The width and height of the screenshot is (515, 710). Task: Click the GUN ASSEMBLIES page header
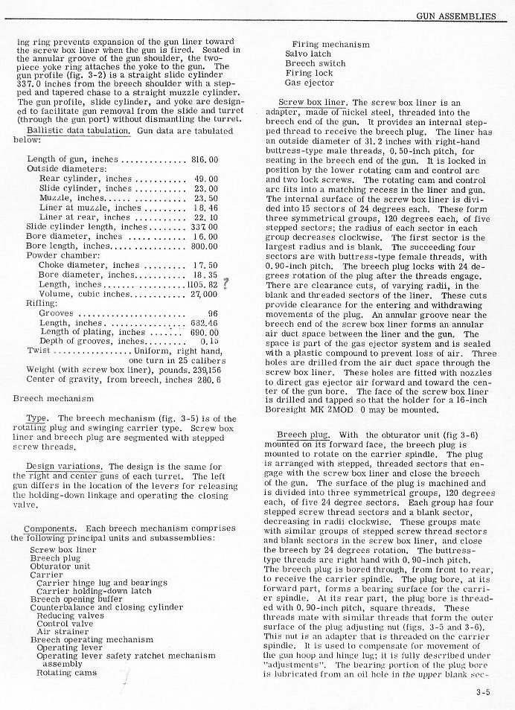point(455,16)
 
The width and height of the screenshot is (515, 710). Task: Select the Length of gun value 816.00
point(204,159)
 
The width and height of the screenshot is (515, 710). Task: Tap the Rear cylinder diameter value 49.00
point(205,179)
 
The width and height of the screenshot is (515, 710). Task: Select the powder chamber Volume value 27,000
point(202,294)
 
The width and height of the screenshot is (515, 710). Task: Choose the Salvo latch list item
point(308,54)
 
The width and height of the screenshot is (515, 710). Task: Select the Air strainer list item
point(62,631)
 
